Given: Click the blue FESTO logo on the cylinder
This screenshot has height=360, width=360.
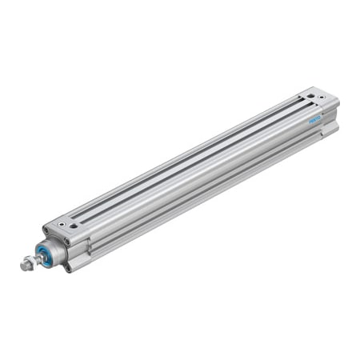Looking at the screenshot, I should click(314, 119).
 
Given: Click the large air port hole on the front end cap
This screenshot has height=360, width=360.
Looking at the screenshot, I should click(74, 227).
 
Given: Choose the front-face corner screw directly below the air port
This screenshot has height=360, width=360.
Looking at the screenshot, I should click(66, 241).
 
